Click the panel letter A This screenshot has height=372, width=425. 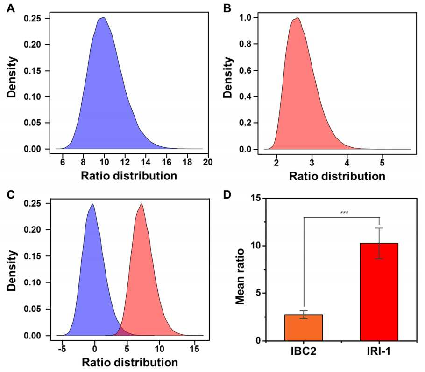[11, 8]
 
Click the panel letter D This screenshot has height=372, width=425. [227, 194]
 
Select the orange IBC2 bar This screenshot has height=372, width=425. [304, 328]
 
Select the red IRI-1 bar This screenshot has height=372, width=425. [379, 292]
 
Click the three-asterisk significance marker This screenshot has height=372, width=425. [344, 213]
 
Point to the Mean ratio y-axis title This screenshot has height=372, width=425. [240, 276]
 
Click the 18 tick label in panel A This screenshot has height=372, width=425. [187, 162]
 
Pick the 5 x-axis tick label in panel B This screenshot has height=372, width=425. [382, 163]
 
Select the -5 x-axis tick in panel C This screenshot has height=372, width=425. [63, 349]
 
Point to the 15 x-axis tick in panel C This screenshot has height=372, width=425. [194, 349]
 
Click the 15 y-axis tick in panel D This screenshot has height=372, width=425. [255, 198]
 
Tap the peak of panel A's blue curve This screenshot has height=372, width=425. [103, 18]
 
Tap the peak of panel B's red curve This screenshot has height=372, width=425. [297, 18]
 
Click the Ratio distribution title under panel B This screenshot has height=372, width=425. [337, 176]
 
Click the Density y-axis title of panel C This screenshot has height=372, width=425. [12, 270]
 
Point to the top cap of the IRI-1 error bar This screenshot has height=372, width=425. [379, 228]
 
